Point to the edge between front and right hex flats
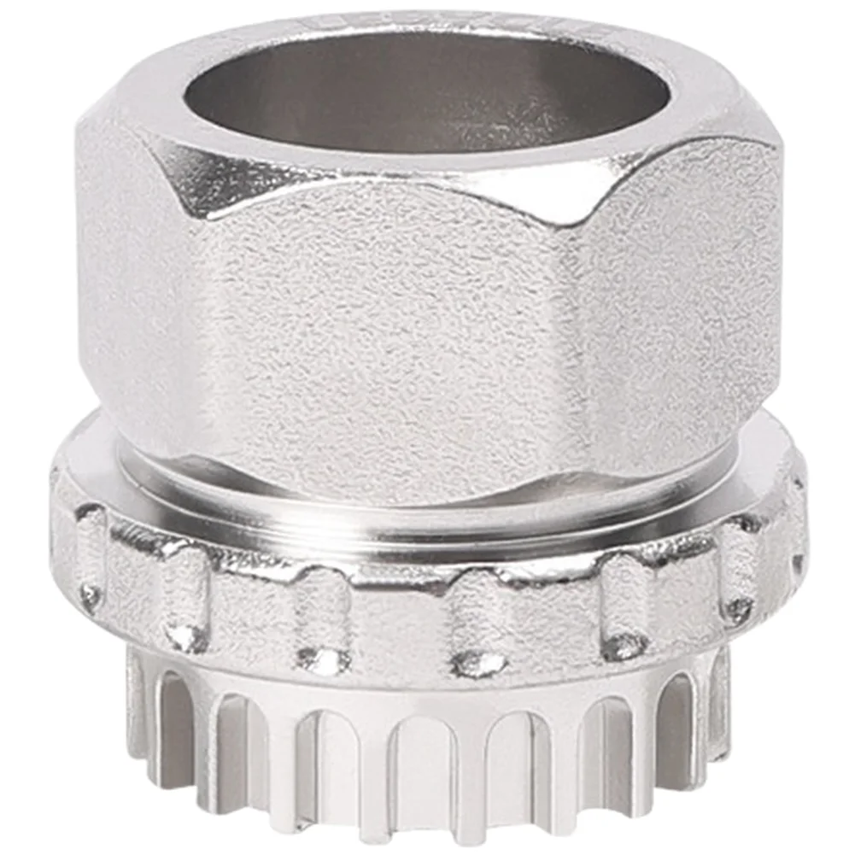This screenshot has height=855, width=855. pos(589,342)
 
